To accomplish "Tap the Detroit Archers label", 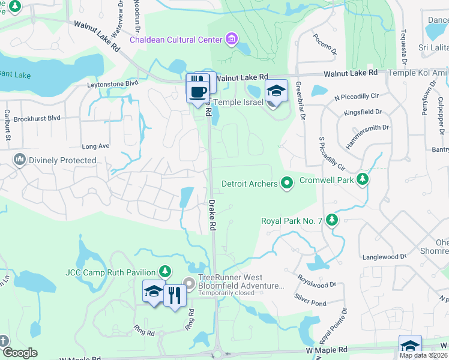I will [x=249, y=184].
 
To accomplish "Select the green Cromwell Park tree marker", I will [x=362, y=179].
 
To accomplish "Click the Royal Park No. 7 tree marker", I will [x=332, y=220].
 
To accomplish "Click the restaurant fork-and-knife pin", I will [x=175, y=296].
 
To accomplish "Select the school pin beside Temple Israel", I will [x=276, y=92].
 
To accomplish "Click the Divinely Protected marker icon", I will [x=19, y=160].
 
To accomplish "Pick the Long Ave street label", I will [x=95, y=146].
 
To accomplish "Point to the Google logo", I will [x=20, y=352].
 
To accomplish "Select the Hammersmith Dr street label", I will [x=368, y=136].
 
